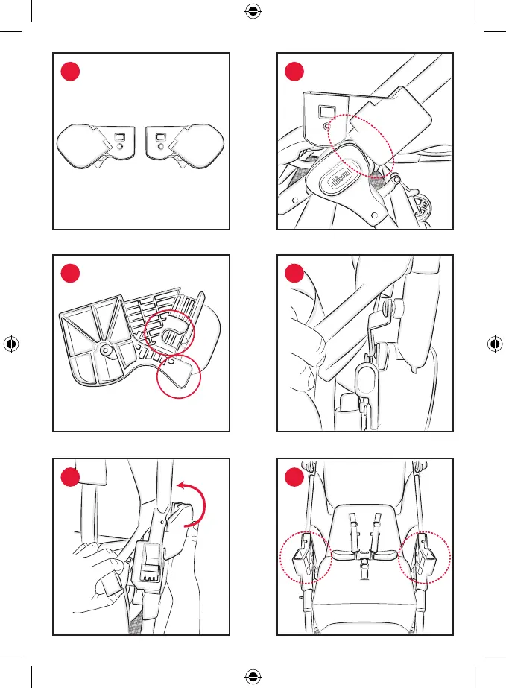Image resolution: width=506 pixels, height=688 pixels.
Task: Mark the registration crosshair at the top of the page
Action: tap(253, 12)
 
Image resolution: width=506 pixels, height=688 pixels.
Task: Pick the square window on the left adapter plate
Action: tap(118, 136)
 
